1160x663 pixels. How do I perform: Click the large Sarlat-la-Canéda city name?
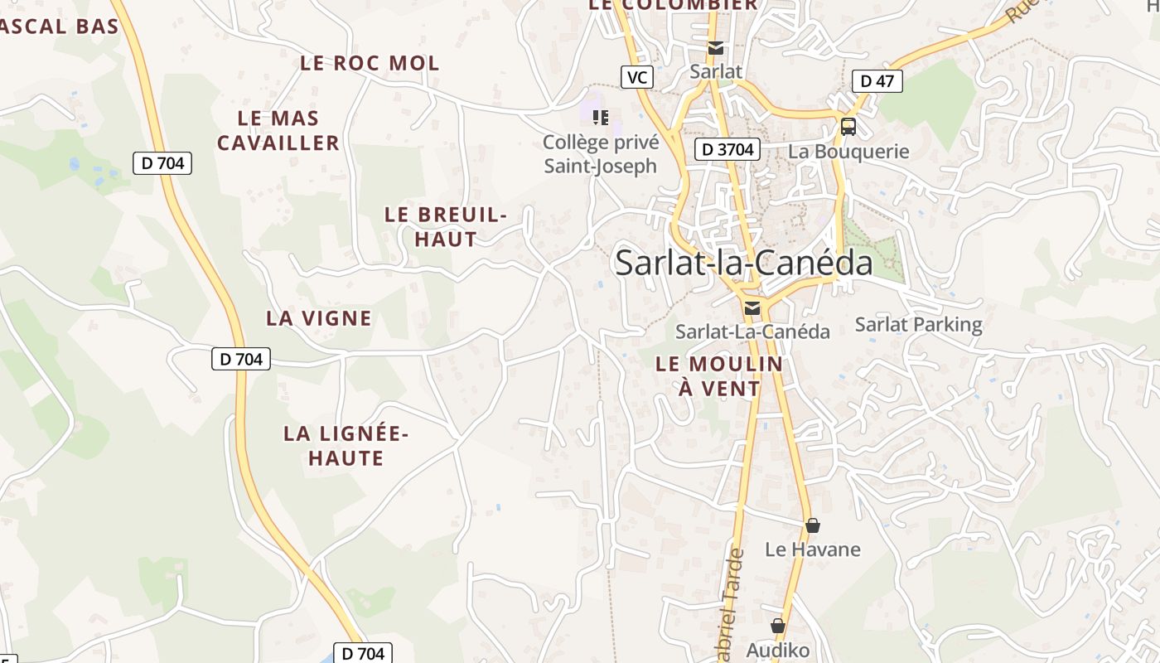coord(743,263)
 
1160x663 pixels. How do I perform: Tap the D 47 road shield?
coord(877,81)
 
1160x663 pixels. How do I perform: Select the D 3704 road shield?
coord(727,149)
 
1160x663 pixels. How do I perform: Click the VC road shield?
coord(636,78)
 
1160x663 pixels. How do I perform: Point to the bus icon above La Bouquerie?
coord(848,127)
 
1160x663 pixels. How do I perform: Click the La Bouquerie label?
coord(848,152)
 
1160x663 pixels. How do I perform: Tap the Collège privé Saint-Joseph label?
coord(601,154)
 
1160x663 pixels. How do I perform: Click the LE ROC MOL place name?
coord(370,63)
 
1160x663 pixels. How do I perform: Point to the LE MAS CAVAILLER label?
coord(278,131)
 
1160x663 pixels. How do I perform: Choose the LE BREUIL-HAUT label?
coord(445,227)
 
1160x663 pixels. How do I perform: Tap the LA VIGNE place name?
coord(319,318)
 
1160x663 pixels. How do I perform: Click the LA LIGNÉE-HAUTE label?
coord(346,446)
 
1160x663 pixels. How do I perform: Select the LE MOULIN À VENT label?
coord(719,376)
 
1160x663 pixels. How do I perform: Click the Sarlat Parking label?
coord(918,324)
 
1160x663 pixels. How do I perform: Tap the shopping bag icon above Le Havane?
coord(813,525)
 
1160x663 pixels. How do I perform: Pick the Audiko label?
coord(777,650)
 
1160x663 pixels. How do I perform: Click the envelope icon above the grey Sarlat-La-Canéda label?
coord(752,308)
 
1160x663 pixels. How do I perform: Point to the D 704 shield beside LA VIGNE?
coord(241,359)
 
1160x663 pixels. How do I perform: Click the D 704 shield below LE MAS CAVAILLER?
coord(162,163)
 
